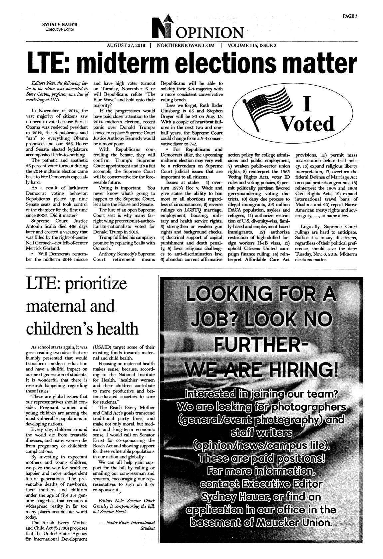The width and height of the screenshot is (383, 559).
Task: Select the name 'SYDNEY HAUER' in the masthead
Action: click(60, 25)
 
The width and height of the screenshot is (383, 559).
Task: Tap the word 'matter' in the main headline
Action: click(321, 63)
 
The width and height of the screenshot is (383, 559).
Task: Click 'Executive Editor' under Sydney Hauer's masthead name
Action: click(60, 30)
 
